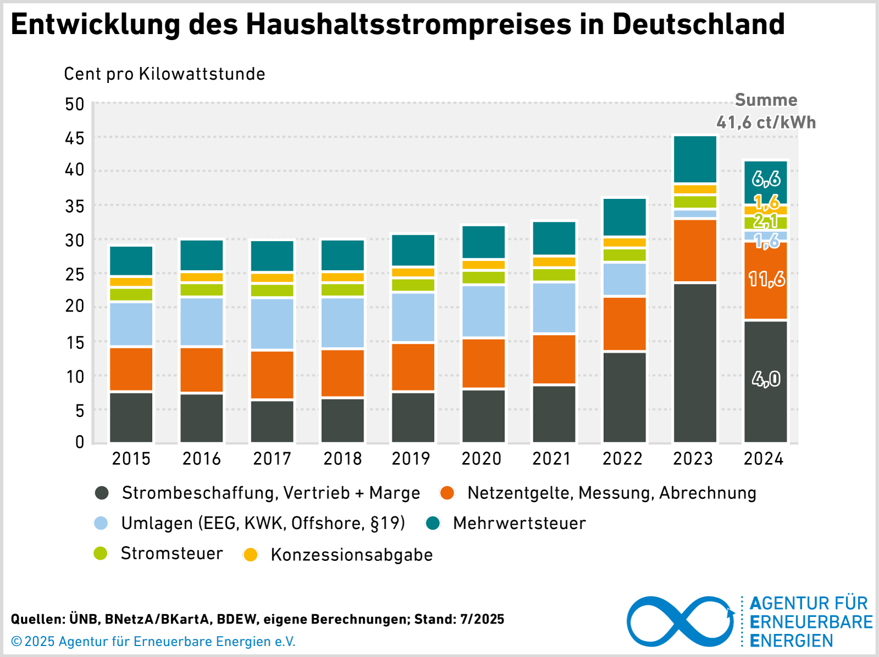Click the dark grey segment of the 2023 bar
(x=695, y=363)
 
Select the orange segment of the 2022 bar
(x=625, y=324)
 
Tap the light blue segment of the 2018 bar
(x=343, y=323)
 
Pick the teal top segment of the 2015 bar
(x=131, y=261)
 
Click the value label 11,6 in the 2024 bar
(x=767, y=280)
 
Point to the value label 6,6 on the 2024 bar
(x=766, y=179)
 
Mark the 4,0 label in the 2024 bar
(x=766, y=379)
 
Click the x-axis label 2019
(x=411, y=459)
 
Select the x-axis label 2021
(x=552, y=459)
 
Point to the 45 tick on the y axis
(x=75, y=138)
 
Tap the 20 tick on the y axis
(x=75, y=307)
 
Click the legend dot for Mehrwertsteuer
(x=433, y=523)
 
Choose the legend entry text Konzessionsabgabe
(x=352, y=555)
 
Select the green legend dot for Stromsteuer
(x=101, y=553)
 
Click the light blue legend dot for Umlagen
(x=101, y=523)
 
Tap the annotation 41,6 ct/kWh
(x=766, y=122)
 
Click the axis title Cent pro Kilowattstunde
(x=164, y=74)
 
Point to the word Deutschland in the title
(x=698, y=24)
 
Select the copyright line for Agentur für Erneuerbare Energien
(x=153, y=642)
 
